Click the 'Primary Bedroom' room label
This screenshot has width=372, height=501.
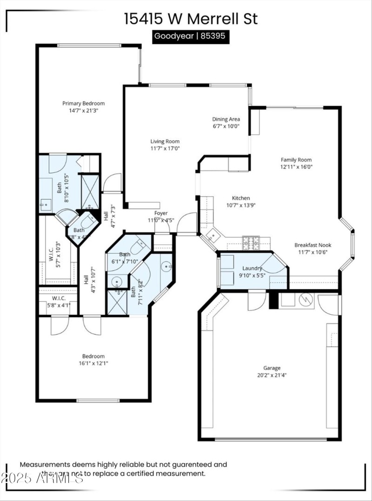click(84, 103)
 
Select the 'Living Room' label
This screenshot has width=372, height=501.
click(165, 141)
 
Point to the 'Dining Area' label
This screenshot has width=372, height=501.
click(226, 119)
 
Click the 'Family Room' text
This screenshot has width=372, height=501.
click(296, 159)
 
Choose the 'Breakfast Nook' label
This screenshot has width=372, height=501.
click(312, 245)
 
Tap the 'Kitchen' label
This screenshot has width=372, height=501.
click(238, 198)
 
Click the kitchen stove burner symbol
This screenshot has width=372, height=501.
click(251, 240)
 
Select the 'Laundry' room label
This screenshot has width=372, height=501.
click(252, 268)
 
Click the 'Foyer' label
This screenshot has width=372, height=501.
click(161, 213)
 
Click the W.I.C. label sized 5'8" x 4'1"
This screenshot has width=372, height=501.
click(59, 298)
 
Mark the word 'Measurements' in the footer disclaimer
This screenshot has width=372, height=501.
click(45, 464)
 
